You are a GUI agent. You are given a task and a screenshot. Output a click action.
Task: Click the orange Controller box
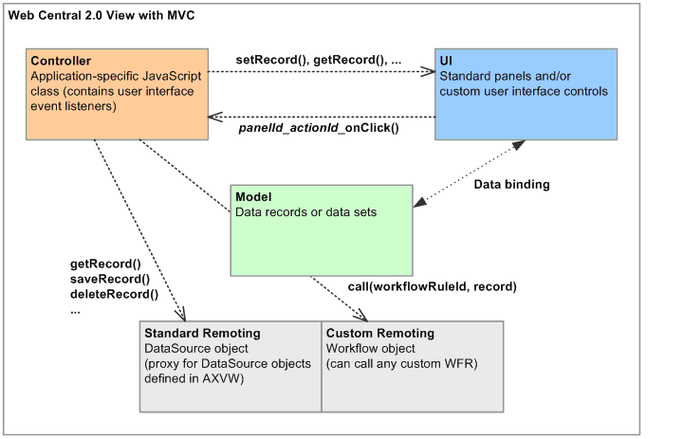tap(118, 94)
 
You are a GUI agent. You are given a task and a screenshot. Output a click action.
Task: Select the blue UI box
tap(526, 94)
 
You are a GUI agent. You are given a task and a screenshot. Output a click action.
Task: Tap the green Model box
tap(322, 230)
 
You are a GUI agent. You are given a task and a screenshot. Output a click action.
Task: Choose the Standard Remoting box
tap(231, 367)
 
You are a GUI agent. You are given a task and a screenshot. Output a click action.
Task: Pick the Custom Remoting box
tap(413, 367)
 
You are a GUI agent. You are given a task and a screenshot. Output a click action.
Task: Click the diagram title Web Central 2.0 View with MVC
tap(102, 16)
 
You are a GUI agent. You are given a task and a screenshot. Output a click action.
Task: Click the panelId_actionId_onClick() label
tap(319, 128)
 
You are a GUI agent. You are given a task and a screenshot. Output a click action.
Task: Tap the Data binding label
tap(512, 185)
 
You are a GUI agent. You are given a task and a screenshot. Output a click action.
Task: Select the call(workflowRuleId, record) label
tap(433, 286)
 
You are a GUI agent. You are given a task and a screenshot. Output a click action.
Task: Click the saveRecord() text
tap(110, 279)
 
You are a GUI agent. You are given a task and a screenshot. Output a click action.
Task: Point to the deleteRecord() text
tap(114, 295)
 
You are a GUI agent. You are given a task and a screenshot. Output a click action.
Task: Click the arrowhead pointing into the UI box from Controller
tap(428, 71)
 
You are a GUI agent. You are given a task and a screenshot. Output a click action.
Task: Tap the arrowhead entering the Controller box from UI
tap(215, 117)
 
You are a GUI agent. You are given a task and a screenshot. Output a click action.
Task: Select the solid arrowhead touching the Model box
tap(419, 202)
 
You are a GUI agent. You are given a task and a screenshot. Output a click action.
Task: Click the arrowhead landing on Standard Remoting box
tap(181, 315)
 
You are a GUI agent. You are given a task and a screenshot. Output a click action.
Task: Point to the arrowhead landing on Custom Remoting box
tap(361, 316)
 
